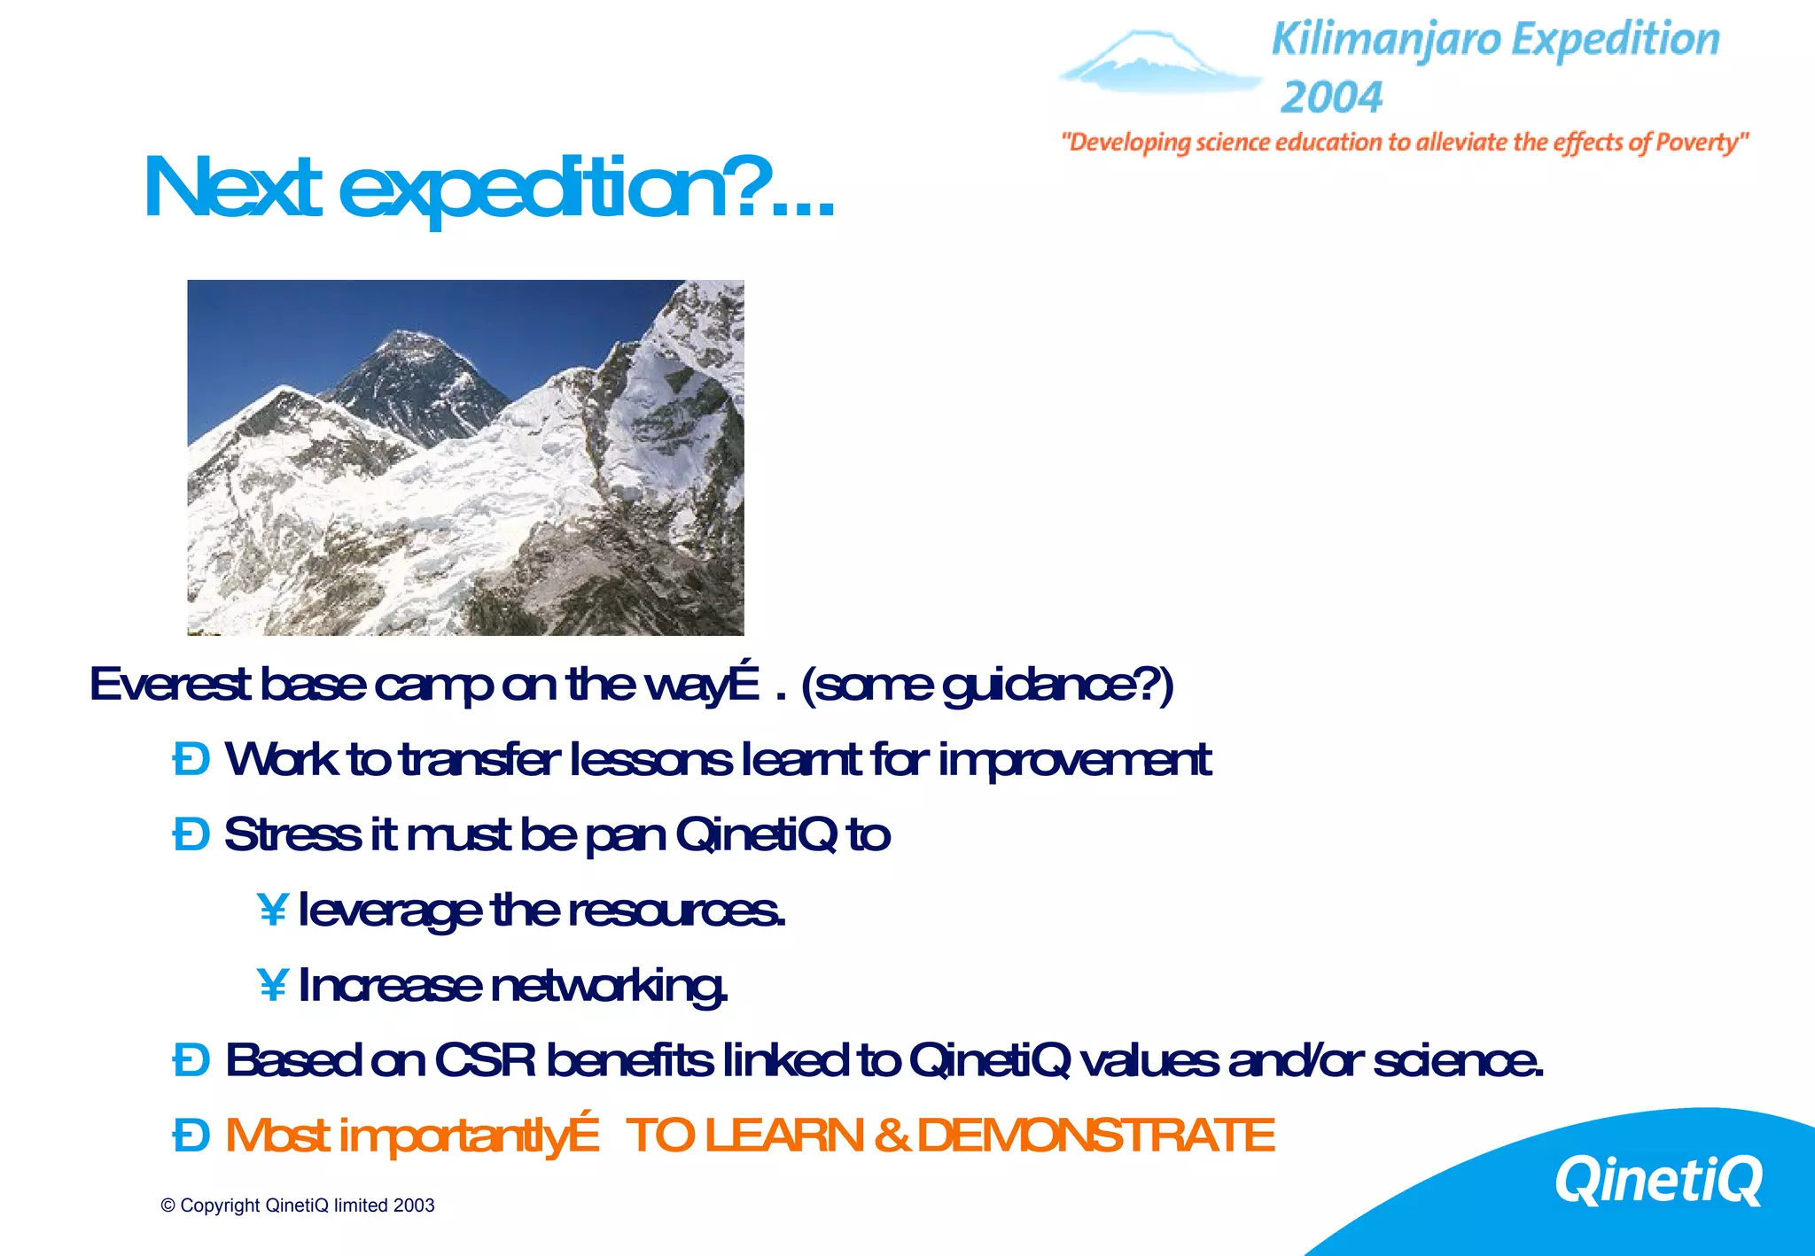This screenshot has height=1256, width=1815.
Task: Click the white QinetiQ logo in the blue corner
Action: pyautogui.click(x=1658, y=1181)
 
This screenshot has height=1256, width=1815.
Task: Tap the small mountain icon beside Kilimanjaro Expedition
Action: pyautogui.click(x=1157, y=62)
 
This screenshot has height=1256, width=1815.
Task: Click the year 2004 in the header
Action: pyautogui.click(x=1331, y=97)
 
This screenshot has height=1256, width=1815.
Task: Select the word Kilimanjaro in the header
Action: pyautogui.click(x=1386, y=41)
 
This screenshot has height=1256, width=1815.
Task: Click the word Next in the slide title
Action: pyautogui.click(x=232, y=188)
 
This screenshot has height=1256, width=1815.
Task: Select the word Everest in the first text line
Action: pyautogui.click(x=169, y=685)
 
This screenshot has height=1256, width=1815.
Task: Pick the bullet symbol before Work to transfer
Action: pyautogui.click(x=191, y=760)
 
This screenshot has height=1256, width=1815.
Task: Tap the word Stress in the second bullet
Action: pyautogui.click(x=292, y=834)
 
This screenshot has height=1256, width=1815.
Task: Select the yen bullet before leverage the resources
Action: pyautogui.click(x=272, y=910)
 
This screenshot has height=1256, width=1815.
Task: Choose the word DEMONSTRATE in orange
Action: pyautogui.click(x=1095, y=1136)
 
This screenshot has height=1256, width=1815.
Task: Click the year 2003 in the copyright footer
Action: pyautogui.click(x=414, y=1206)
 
